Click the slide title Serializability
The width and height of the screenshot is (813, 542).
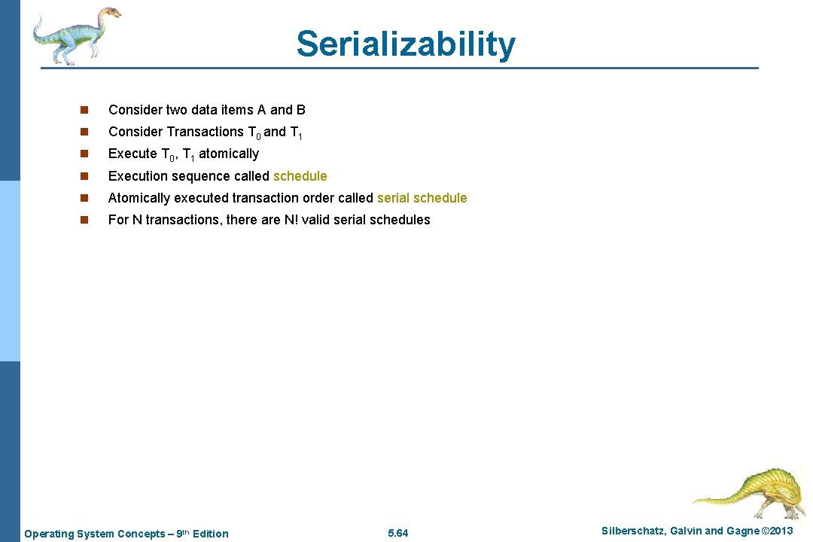pos(406,44)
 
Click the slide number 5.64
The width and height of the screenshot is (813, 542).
pos(397,534)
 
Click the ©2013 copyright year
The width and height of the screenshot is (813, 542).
pos(777,531)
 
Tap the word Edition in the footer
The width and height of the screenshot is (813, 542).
pos(210,534)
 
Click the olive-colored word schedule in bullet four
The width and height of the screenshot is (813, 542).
pos(300,176)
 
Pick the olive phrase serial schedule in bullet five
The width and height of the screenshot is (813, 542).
pos(422,198)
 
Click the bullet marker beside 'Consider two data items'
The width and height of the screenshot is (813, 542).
pos(84,111)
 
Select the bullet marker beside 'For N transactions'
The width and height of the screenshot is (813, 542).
pos(84,221)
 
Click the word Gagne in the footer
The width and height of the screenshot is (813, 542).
pos(743,531)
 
